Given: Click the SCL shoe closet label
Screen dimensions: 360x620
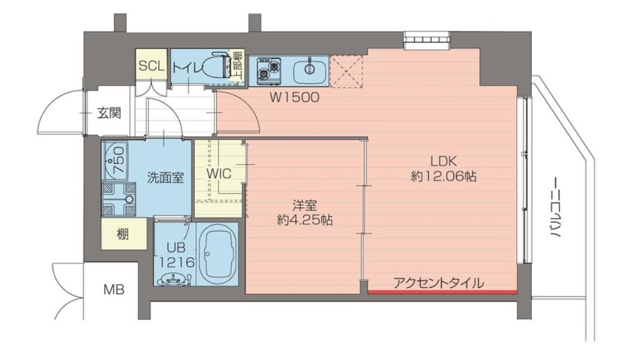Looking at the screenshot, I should pyautogui.click(x=151, y=66).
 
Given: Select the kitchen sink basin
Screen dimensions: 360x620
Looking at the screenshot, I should pyautogui.click(x=309, y=69).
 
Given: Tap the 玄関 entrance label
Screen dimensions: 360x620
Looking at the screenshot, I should pyautogui.click(x=110, y=113).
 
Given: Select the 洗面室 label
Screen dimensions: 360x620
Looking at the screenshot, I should pyautogui.click(x=165, y=177).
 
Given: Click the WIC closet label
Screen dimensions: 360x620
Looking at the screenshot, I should pyautogui.click(x=218, y=173).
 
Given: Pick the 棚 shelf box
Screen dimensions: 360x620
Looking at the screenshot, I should pyautogui.click(x=123, y=234).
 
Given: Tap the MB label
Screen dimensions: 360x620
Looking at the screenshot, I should pyautogui.click(x=114, y=291).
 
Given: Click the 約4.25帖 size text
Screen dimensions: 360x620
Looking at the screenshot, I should pyautogui.click(x=305, y=220).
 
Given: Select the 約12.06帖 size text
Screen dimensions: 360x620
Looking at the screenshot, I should pyautogui.click(x=443, y=177).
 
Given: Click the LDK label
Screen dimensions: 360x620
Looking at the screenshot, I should pyautogui.click(x=443, y=161).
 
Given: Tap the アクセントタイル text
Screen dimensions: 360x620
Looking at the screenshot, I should pyautogui.click(x=438, y=283).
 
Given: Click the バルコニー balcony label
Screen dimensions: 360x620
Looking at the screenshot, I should pyautogui.click(x=555, y=208).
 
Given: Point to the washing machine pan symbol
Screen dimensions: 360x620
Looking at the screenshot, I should pyautogui.click(x=118, y=199).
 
